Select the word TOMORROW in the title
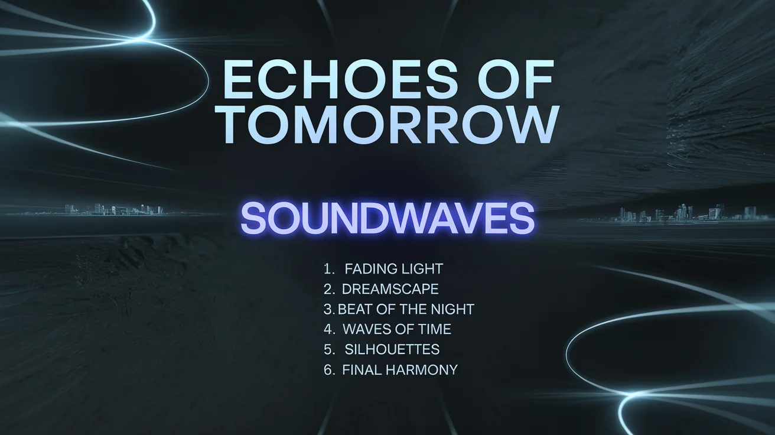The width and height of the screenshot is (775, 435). click(390, 125)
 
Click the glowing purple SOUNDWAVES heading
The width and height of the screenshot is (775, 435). click(387, 218)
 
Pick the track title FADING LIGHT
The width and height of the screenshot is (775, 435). click(393, 269)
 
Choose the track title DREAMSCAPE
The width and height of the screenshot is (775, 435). click(390, 289)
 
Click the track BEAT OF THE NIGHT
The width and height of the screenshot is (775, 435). click(406, 309)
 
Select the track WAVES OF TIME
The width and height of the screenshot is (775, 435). click(396, 329)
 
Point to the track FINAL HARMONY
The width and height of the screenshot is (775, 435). click(400, 370)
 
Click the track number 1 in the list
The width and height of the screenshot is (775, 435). click(328, 269)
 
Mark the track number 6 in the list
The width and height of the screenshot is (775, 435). click(329, 370)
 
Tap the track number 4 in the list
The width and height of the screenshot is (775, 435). click(329, 329)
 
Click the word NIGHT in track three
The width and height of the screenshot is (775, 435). click(454, 309)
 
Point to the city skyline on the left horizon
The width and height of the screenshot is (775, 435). click(112, 209)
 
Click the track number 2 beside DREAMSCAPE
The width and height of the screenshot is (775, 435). click(329, 289)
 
